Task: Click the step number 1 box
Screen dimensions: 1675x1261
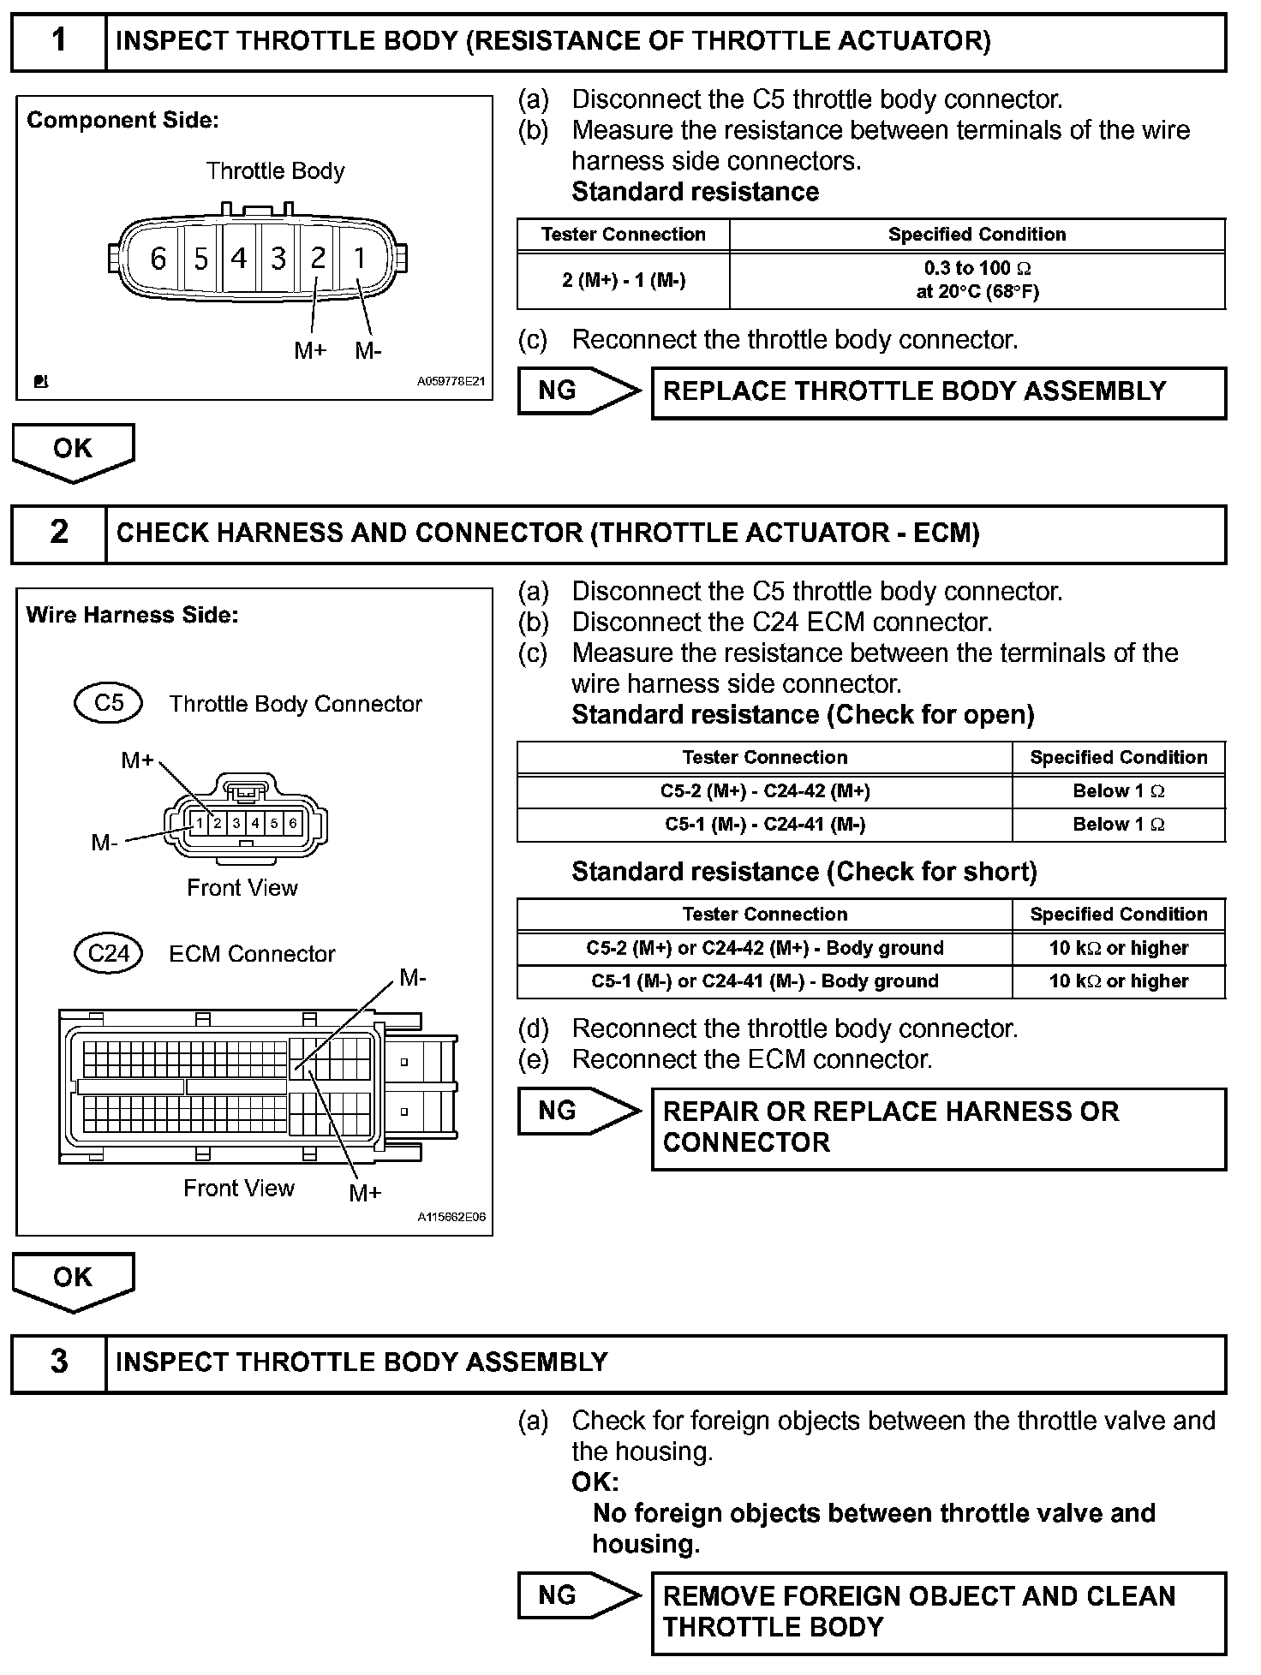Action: click(58, 41)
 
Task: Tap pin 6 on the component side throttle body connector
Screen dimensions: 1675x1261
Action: click(158, 258)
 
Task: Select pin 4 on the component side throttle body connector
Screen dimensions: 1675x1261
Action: click(238, 258)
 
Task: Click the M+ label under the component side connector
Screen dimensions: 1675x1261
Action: click(310, 350)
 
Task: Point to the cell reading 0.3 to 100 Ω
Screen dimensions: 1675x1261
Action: click(977, 280)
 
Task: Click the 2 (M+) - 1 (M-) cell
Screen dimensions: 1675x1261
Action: click(624, 280)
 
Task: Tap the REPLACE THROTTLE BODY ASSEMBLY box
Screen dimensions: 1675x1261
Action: click(938, 392)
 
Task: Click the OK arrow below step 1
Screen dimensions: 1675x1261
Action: click(73, 451)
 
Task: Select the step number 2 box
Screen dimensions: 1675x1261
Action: click(58, 533)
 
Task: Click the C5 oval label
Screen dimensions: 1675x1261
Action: click(109, 703)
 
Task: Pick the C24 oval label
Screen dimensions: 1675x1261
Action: click(109, 953)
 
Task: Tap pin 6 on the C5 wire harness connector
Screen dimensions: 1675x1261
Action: click(293, 824)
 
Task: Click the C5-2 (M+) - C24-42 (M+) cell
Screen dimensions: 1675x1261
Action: click(764, 791)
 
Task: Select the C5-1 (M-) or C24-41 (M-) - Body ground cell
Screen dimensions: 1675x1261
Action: click(764, 981)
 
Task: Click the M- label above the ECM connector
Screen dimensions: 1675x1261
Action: click(413, 978)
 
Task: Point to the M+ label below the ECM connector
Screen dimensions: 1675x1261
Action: click(365, 1193)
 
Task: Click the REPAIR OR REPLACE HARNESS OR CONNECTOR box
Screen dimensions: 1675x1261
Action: click(938, 1128)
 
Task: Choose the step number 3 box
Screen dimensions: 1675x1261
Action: click(58, 1362)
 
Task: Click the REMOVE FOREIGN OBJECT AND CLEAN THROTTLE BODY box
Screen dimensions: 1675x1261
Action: click(938, 1612)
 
